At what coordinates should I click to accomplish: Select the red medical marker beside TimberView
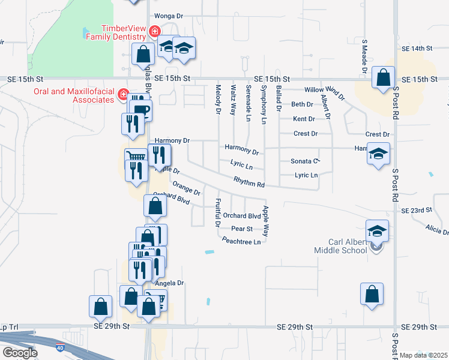155,31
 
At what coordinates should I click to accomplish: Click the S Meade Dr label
364,57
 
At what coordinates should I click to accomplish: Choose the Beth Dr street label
303,104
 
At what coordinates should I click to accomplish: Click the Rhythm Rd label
249,182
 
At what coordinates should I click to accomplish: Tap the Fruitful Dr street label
217,213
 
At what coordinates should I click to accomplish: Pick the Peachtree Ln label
241,242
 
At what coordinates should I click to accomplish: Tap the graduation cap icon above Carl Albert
377,231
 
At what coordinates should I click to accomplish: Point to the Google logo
19,353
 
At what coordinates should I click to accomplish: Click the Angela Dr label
169,283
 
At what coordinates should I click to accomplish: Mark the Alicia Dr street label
436,230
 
